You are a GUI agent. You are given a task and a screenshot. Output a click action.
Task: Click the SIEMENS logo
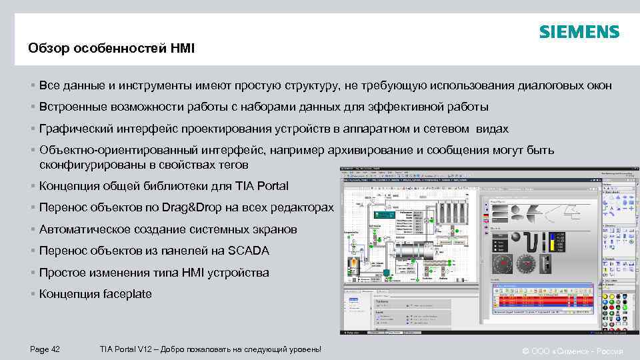(579, 32)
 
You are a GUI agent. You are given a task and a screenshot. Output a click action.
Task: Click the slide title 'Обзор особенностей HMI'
(111, 48)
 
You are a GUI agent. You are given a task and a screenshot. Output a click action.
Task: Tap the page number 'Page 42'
(45, 349)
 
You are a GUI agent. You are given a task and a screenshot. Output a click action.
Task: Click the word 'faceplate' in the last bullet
(127, 294)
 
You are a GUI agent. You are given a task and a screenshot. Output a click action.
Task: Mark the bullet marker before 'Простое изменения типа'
(33, 273)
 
